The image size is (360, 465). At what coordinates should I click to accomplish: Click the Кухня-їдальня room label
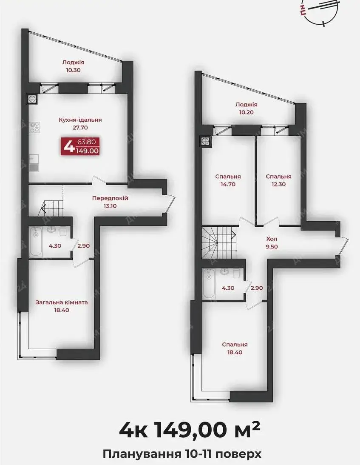[x=80, y=120]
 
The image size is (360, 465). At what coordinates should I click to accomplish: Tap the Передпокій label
[x=110, y=198]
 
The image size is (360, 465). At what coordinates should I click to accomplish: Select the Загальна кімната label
[x=62, y=302]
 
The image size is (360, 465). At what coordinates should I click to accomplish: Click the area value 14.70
[x=228, y=184]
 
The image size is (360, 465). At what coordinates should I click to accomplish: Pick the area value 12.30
[x=278, y=184]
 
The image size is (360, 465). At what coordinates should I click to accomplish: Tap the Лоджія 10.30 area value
[x=73, y=70]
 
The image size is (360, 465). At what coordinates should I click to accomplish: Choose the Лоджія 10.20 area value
[x=246, y=112]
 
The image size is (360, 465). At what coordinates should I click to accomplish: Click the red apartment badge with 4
[x=80, y=146]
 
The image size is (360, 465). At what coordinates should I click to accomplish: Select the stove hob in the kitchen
[x=35, y=127]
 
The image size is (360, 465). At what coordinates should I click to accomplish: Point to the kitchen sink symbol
[x=34, y=163]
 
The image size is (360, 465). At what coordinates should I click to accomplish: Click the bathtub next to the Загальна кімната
[x=36, y=241]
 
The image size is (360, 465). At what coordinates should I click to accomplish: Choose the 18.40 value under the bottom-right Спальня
[x=235, y=352]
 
